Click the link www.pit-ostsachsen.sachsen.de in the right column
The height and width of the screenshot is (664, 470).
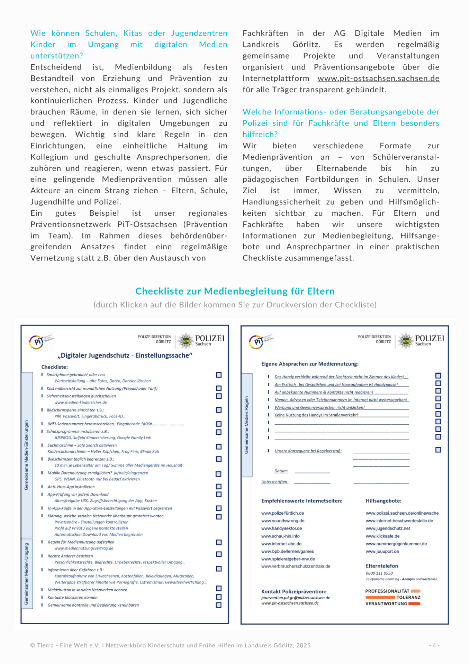[x=378, y=79]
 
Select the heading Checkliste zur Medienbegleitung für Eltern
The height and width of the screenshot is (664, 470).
[x=235, y=291]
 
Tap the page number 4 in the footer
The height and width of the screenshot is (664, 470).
[x=434, y=645]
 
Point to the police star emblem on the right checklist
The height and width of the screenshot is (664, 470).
[x=406, y=341]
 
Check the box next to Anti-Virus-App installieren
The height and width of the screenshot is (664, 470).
[x=219, y=487]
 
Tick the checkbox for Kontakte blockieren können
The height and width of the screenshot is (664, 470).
[x=219, y=597]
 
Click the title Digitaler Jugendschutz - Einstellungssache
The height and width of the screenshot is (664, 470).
[x=125, y=356]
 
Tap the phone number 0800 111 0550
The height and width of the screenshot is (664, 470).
[x=379, y=573]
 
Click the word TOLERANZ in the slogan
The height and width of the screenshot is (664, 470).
[x=408, y=597]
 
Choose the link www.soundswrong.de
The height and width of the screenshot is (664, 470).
[x=283, y=521]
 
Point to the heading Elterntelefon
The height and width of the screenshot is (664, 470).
[x=382, y=566]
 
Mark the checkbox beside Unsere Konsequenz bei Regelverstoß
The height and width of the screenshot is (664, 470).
[x=438, y=450]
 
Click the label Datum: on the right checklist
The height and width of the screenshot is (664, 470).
[x=281, y=471]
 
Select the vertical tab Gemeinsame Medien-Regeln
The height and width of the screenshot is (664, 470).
[x=247, y=425]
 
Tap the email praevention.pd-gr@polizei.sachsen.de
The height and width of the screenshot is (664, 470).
[x=296, y=598]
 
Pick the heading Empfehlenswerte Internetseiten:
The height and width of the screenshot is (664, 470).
[x=302, y=501]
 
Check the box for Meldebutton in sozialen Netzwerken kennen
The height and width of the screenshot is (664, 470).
[x=219, y=588]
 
